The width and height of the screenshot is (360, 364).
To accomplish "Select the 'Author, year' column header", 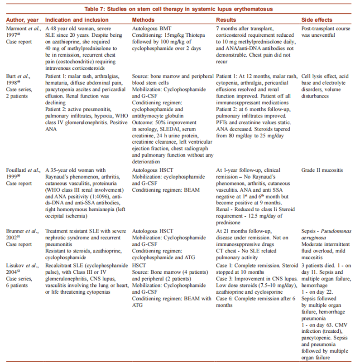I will (x=22, y=20).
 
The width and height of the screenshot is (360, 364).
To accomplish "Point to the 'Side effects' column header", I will (x=317, y=20).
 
